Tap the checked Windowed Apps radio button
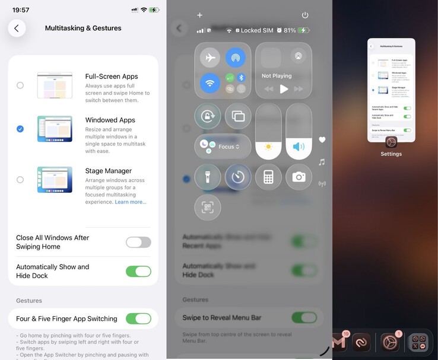(20, 129)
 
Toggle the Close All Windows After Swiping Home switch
(138, 242)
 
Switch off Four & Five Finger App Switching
(138, 318)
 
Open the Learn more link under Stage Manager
(131, 202)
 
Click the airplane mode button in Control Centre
(210, 58)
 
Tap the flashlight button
(208, 177)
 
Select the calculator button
(269, 177)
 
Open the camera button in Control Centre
(299, 177)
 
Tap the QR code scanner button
(208, 208)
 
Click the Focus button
(223, 146)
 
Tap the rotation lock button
(208, 116)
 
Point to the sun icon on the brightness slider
(269, 146)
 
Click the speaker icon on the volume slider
(299, 146)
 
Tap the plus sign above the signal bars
(199, 15)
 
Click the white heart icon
(322, 140)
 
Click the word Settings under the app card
(391, 154)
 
